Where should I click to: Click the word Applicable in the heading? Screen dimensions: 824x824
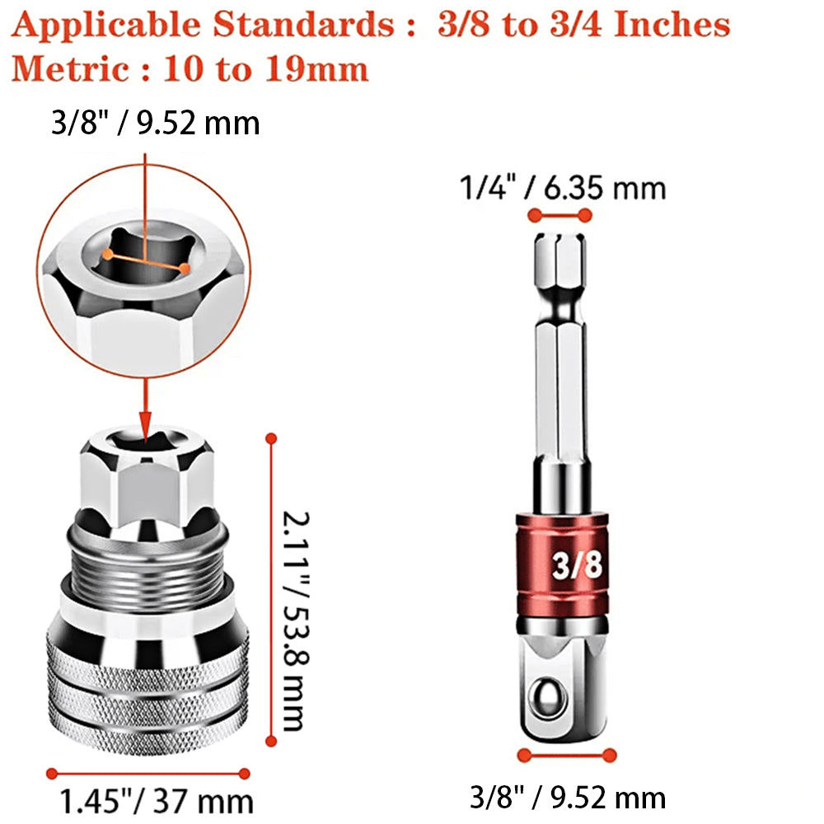105,26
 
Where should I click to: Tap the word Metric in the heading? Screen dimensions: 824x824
70,69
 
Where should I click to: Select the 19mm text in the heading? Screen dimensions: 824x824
316,69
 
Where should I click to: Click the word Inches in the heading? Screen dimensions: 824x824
672,24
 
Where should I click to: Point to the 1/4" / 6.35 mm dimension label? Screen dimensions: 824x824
563,188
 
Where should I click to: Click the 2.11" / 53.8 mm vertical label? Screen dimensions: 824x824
295,620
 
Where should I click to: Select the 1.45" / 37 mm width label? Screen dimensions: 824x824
157,802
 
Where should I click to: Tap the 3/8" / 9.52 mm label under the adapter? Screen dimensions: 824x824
568,797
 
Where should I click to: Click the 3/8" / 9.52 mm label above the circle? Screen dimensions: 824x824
156,123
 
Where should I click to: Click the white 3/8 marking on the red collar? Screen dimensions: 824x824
577,565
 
